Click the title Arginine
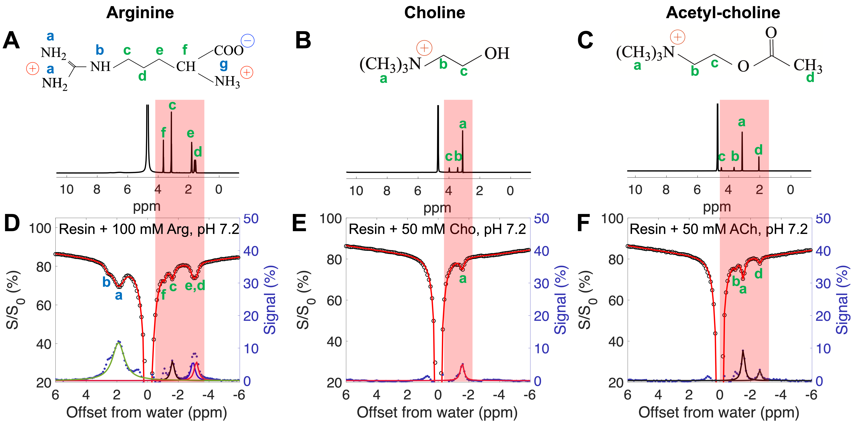tap(140, 13)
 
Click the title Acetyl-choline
tap(723, 13)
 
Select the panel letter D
tap(12, 224)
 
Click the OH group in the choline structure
tap(497, 54)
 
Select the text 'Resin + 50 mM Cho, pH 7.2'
tap(437, 229)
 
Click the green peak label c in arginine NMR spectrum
tap(172, 105)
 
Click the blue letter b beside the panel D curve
tap(106, 282)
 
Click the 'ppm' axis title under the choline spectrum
tap(437, 208)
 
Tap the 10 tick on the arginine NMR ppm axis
tap(66, 189)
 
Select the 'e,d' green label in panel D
tap(195, 285)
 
